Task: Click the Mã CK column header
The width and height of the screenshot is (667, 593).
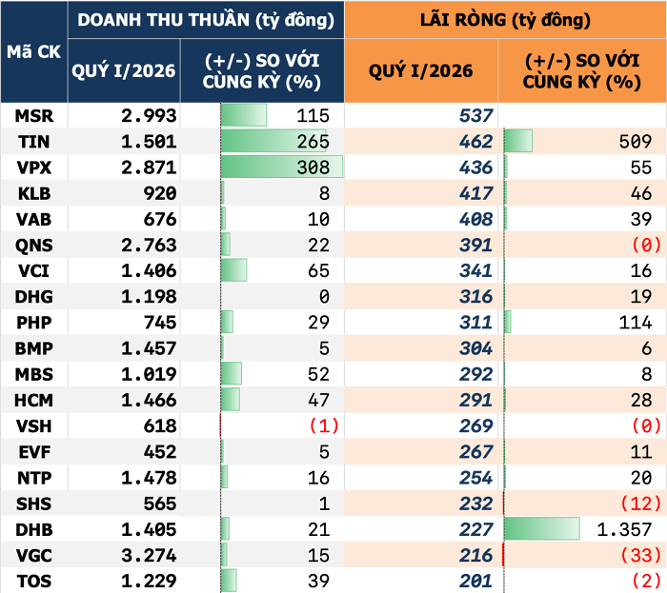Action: (33, 52)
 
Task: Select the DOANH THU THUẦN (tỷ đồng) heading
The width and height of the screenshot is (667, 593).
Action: (205, 19)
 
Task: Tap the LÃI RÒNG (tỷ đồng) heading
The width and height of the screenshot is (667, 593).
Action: (505, 19)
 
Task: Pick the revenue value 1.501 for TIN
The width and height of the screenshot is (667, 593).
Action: (149, 142)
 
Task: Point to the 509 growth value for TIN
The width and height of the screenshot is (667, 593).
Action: (634, 142)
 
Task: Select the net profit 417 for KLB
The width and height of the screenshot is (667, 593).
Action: (475, 193)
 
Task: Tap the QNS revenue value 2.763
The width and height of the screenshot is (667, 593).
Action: (149, 245)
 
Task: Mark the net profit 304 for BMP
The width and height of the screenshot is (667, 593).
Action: (475, 347)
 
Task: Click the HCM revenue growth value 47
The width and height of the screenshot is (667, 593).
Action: (319, 399)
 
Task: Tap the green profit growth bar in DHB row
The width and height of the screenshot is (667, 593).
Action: (541, 528)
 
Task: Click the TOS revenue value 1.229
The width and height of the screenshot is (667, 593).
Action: (149, 580)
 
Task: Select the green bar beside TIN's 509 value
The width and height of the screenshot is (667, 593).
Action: (517, 142)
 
